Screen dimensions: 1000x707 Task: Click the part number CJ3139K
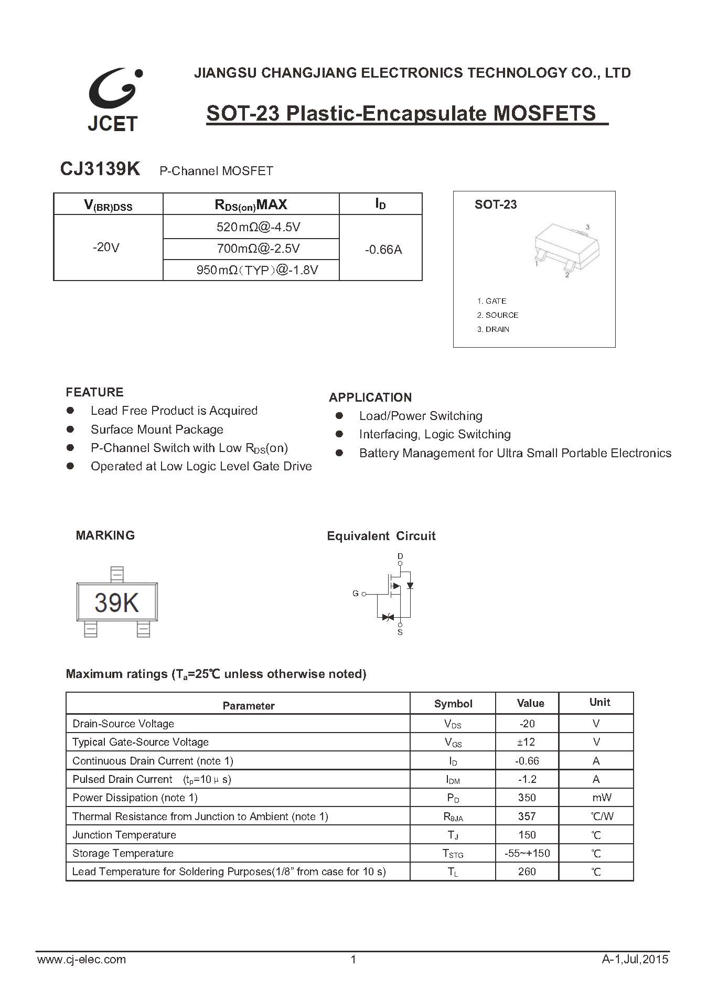(x=100, y=169)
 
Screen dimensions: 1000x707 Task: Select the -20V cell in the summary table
(x=106, y=247)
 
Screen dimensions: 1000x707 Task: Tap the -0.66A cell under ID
(x=383, y=250)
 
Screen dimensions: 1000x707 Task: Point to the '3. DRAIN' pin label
(x=493, y=329)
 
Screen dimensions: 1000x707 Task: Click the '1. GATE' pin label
(x=491, y=301)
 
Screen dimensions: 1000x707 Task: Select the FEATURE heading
(x=94, y=392)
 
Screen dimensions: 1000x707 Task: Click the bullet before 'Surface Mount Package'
(x=70, y=429)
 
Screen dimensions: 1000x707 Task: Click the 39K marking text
(x=116, y=603)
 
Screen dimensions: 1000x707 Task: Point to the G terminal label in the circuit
(x=356, y=594)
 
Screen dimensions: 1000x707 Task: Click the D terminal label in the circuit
(x=400, y=556)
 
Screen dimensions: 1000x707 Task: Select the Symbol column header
(x=453, y=704)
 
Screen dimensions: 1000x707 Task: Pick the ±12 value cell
(x=527, y=742)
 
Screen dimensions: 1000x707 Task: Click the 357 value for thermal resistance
(x=527, y=816)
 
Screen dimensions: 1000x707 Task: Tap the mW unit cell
(x=602, y=798)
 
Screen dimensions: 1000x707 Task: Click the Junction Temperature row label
(x=124, y=835)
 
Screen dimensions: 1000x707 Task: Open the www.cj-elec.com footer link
(x=82, y=960)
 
